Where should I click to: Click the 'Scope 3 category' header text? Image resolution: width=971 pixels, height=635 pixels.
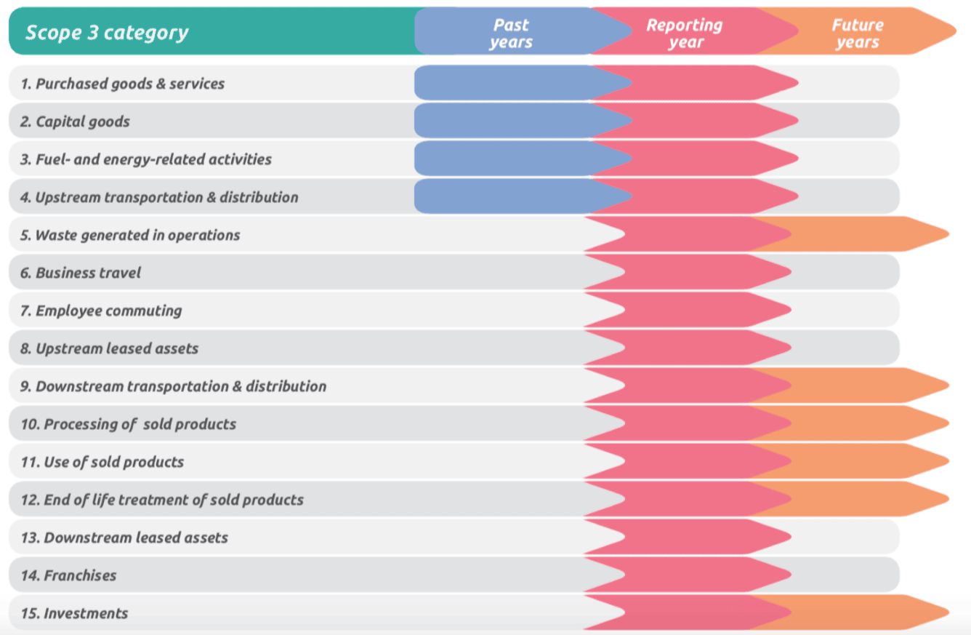(x=107, y=33)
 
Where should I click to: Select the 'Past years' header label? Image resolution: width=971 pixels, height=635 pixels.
(x=511, y=33)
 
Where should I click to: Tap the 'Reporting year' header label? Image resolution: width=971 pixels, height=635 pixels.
(x=685, y=33)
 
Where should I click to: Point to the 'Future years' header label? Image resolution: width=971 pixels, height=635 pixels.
(x=858, y=33)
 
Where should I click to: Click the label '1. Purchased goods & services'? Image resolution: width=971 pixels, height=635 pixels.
(x=122, y=84)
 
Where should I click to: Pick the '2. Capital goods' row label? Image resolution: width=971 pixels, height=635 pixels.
(x=75, y=121)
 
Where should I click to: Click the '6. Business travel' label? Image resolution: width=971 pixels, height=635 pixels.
(x=81, y=273)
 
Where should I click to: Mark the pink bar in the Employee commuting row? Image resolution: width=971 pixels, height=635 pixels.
(x=690, y=310)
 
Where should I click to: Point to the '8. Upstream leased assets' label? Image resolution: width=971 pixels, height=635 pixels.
(x=109, y=348)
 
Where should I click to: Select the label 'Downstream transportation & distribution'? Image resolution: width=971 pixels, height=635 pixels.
(x=173, y=386)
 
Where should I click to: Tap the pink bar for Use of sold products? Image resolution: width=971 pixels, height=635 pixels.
(x=690, y=461)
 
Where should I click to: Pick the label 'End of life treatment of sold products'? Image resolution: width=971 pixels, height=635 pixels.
(x=162, y=500)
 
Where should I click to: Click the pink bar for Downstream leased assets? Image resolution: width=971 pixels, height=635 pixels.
(x=690, y=537)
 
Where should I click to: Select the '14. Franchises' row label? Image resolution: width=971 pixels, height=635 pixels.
(x=68, y=575)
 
